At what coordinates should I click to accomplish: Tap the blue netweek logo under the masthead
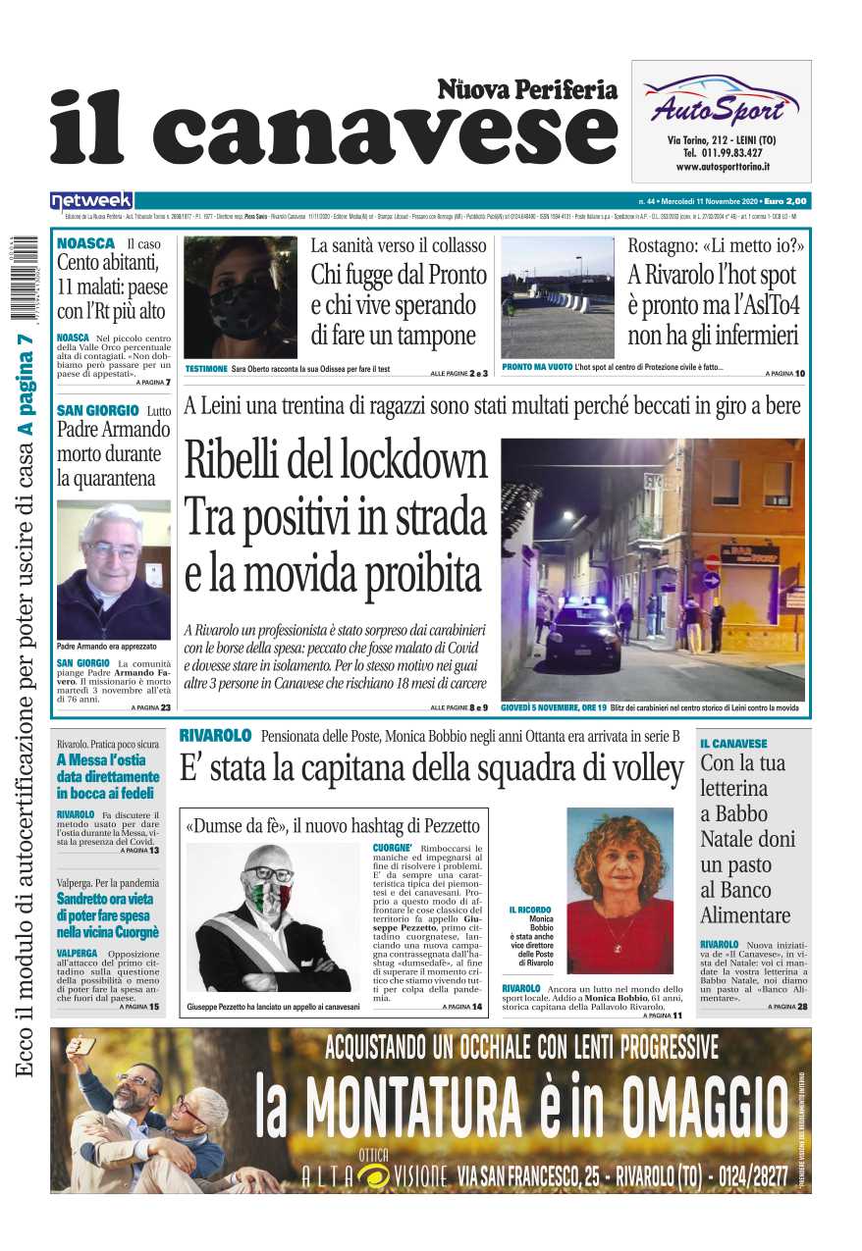click(91, 200)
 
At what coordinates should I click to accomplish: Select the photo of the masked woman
click(240, 297)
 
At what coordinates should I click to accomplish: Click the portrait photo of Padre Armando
click(113, 570)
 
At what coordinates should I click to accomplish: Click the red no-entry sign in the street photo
click(713, 562)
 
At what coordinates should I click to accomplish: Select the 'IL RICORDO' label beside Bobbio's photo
click(530, 910)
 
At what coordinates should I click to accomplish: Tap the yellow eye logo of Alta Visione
click(374, 1174)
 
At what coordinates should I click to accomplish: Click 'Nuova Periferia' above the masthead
click(527, 90)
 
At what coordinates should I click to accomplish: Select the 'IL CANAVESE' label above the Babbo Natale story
click(733, 744)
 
